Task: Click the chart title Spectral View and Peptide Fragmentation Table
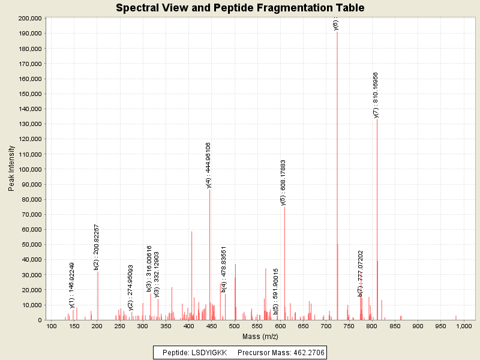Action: pos(240,8)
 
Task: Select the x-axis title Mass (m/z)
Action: pos(260,337)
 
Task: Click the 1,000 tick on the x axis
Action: pos(464,326)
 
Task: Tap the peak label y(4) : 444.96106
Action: pos(208,165)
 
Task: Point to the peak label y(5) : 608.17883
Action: pos(283,182)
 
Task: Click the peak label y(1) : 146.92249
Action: pos(72,284)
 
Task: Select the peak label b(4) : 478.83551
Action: pos(224,269)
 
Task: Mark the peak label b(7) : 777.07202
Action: pos(361,273)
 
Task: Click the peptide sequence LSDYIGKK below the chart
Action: pos(209,352)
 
